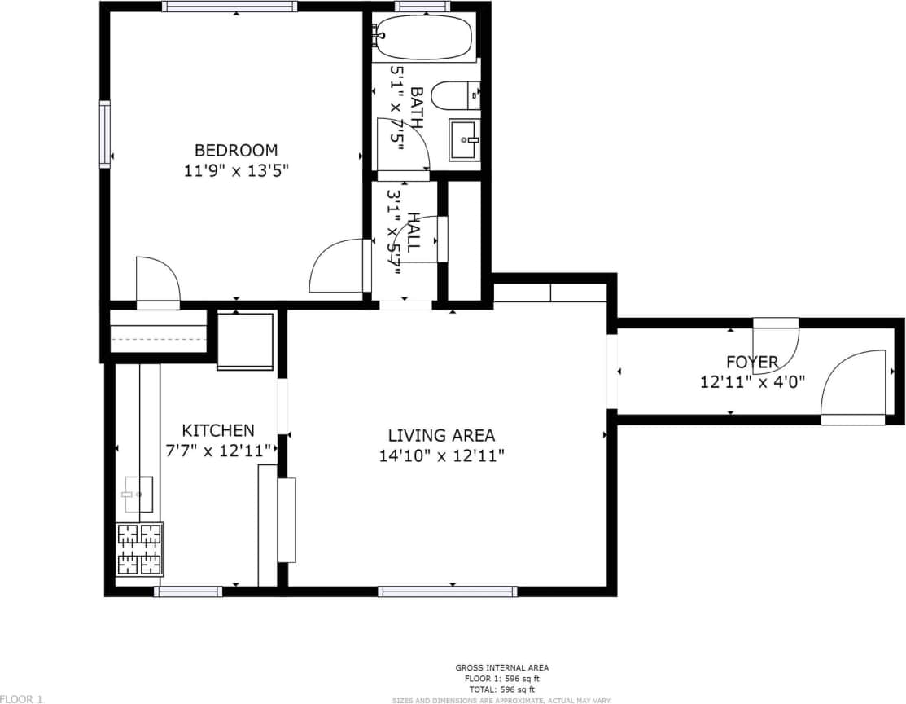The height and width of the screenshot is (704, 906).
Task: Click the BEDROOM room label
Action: (x=235, y=150)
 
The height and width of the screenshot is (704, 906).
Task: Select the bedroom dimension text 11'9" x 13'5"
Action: (x=235, y=171)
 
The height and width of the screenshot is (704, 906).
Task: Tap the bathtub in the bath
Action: (x=422, y=37)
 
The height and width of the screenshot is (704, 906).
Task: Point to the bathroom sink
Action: (x=465, y=140)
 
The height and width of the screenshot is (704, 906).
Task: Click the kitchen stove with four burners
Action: (x=139, y=549)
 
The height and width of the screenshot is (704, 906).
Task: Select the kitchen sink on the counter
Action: (x=138, y=494)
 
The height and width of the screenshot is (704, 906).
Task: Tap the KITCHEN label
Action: (x=217, y=430)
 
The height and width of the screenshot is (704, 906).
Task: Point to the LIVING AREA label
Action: (x=441, y=436)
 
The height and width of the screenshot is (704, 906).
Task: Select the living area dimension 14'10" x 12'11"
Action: (x=441, y=456)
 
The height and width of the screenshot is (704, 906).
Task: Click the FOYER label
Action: (x=752, y=362)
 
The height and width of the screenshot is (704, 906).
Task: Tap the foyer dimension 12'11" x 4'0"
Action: (x=752, y=381)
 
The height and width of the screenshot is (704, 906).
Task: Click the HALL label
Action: (x=414, y=231)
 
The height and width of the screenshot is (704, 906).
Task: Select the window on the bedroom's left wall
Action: (x=105, y=134)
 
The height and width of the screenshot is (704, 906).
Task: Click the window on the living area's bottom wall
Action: (x=447, y=592)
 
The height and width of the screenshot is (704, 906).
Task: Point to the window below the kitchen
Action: (x=188, y=592)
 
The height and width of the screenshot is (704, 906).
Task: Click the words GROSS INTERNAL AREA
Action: (x=501, y=668)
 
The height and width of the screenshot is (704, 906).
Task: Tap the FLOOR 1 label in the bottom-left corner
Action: (x=21, y=698)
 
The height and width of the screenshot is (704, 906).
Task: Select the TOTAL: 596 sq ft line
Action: (x=501, y=689)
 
